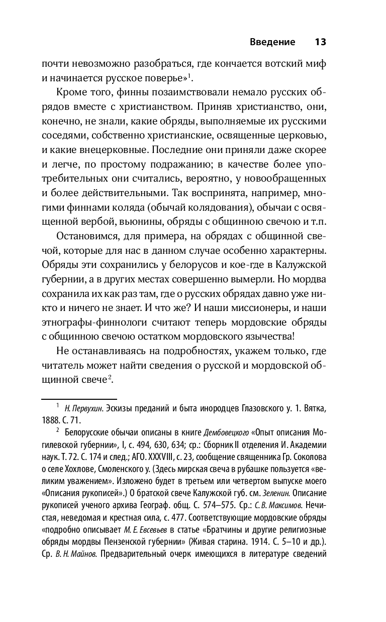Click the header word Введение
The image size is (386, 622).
click(x=272, y=42)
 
